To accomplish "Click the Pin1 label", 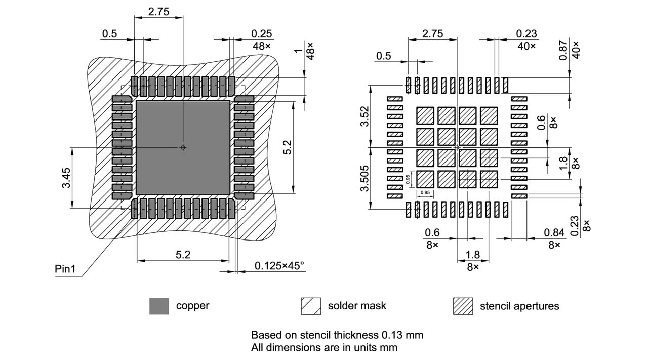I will [65, 269].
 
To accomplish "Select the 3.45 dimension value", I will [66, 178].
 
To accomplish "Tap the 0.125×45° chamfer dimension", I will [279, 266].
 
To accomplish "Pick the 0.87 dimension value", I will [563, 50].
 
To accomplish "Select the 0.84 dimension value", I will [554, 232].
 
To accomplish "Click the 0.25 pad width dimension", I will [261, 34].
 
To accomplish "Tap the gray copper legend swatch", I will [159, 306].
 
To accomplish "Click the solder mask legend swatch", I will [311, 306].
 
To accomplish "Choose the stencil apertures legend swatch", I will [463, 306].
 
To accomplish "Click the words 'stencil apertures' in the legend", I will [519, 306].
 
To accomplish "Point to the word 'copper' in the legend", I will [192, 306].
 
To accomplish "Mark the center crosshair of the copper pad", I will [183, 147].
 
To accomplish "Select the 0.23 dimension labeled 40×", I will [526, 34].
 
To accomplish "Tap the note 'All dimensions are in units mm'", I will [324, 347].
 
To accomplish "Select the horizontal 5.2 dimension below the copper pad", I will [183, 255].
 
